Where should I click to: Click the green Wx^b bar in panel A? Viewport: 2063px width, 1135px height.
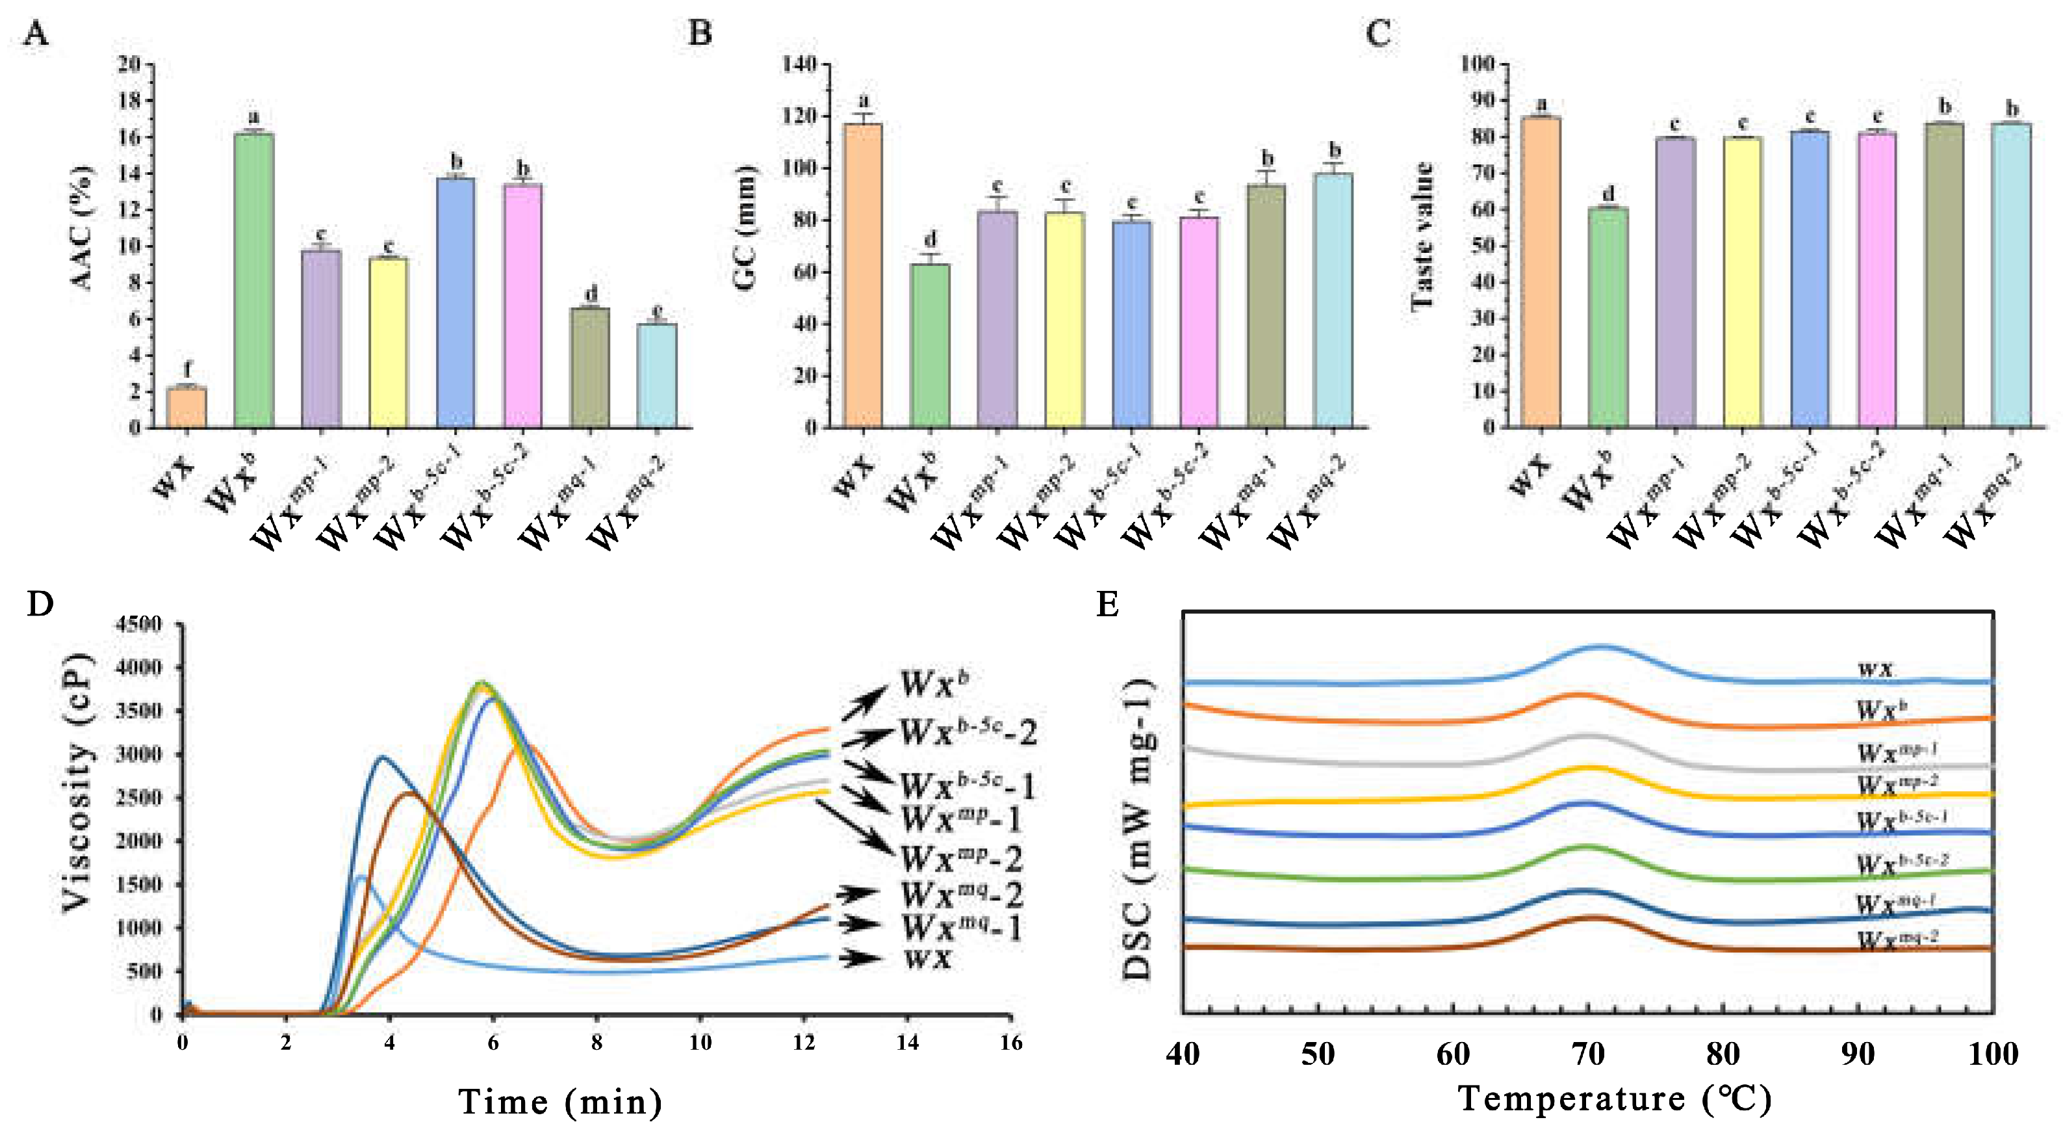coord(254,280)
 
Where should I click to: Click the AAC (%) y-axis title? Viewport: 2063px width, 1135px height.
coord(83,228)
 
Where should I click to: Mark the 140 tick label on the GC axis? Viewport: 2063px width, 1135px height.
coord(799,64)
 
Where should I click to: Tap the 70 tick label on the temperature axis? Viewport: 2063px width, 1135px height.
coord(1587,1054)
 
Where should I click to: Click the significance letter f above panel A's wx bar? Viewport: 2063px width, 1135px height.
coord(187,369)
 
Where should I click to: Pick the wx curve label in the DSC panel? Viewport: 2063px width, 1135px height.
coord(1876,669)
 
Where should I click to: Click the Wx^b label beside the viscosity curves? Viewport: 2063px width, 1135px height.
coord(934,683)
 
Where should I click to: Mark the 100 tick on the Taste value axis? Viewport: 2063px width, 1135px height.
coord(1478,64)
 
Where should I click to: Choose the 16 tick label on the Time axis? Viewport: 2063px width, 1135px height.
coord(1010,1042)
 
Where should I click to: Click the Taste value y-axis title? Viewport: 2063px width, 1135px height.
coord(1422,236)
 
